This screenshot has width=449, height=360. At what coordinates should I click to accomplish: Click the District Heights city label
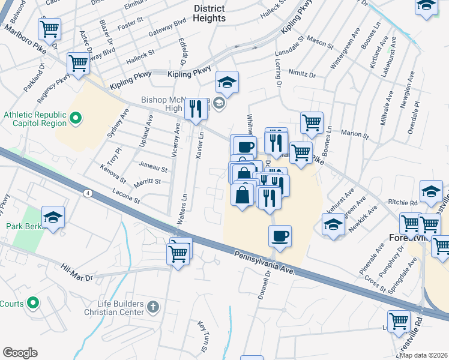click(209, 13)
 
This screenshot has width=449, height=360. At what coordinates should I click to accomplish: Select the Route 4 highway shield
click(88, 193)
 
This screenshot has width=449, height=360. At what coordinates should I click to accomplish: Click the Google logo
click(20, 353)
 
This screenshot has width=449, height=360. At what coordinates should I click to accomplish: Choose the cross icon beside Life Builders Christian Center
click(153, 308)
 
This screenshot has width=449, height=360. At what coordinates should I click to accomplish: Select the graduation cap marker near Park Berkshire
click(53, 217)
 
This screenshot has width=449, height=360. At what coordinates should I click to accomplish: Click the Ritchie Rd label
click(406, 203)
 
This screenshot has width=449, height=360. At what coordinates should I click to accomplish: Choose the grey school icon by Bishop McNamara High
click(219, 104)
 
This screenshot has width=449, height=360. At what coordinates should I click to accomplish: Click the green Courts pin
click(34, 303)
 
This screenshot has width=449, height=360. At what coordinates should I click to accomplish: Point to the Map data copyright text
click(424, 355)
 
